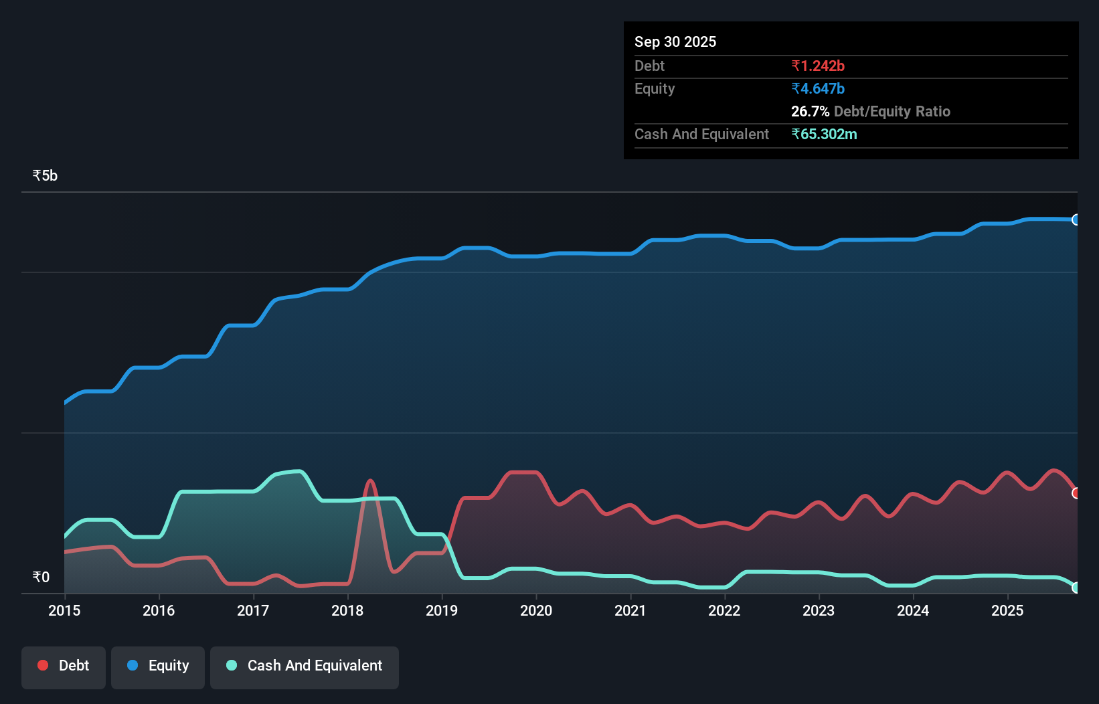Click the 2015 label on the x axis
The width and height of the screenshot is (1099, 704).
pos(64,610)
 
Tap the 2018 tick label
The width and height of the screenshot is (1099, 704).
pos(347,610)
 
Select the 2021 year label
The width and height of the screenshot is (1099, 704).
pos(630,610)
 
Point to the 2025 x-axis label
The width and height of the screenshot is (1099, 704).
pos(1007,610)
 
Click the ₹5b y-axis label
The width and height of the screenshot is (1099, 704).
pos(45,176)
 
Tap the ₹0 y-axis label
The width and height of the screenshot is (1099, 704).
pos(41,577)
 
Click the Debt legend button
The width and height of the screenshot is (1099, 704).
pos(64,666)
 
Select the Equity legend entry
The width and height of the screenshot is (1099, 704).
pos(158,666)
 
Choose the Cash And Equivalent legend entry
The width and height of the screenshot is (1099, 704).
pos(305,666)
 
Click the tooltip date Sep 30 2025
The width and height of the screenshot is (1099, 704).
pos(675,41)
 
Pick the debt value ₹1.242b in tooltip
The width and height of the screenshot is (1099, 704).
pos(818,66)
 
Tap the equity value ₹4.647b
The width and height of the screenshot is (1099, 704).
pos(818,88)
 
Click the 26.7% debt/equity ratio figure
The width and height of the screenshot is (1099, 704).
pos(810,111)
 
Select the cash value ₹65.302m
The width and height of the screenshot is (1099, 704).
pos(824,134)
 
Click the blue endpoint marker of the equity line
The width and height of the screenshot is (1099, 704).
pos(1076,219)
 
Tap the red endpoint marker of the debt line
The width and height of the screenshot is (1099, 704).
pos(1076,493)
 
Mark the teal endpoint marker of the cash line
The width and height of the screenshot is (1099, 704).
pos(1076,588)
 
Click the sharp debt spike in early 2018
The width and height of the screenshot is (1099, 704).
pos(370,481)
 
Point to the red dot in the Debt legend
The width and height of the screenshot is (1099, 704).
pos(43,665)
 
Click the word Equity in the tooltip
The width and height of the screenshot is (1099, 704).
pos(655,88)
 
